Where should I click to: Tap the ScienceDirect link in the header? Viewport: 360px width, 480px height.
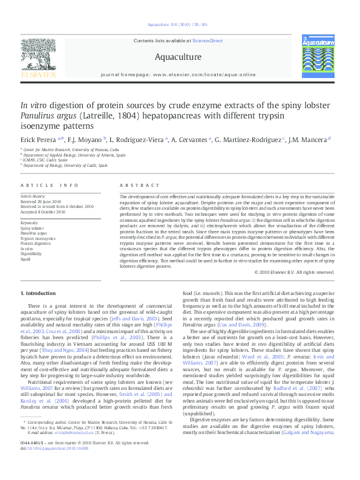click(208, 41)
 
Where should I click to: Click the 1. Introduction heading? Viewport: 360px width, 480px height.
click(42, 293)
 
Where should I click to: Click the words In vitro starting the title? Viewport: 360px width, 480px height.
click(33, 104)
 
